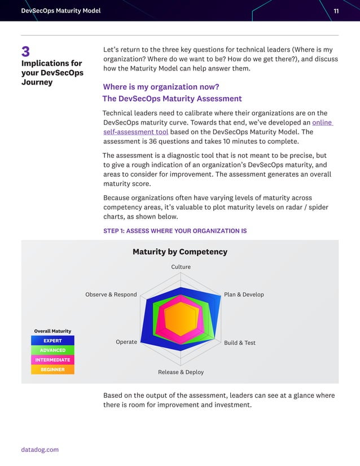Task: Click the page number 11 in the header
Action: (x=336, y=11)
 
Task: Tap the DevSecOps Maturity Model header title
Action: (x=60, y=11)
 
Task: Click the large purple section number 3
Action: (x=26, y=52)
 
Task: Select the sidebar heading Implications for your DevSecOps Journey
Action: (x=52, y=73)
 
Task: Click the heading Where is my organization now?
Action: (x=161, y=87)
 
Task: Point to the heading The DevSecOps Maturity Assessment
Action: (x=172, y=99)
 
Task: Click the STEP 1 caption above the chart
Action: (x=175, y=231)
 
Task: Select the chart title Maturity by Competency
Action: (x=180, y=252)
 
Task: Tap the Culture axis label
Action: (x=181, y=267)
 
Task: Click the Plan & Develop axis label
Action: (x=244, y=294)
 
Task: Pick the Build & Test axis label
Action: (x=240, y=342)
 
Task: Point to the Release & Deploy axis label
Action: (x=181, y=372)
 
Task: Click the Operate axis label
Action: (x=126, y=342)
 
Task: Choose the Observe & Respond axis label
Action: (x=111, y=294)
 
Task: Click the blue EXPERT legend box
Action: (x=52, y=341)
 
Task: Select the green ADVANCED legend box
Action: (x=52, y=350)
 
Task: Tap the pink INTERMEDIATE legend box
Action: (x=52, y=360)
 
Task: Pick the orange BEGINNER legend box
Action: (x=52, y=370)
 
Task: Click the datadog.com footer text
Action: (x=40, y=450)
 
